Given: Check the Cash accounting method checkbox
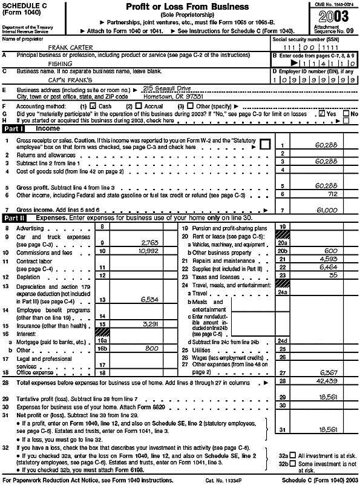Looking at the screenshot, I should coord(93,105).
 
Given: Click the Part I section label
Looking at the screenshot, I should coord(15,129).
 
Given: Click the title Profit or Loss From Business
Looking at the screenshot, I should coord(187,7).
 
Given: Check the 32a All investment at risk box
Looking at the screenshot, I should coord(293,455).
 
